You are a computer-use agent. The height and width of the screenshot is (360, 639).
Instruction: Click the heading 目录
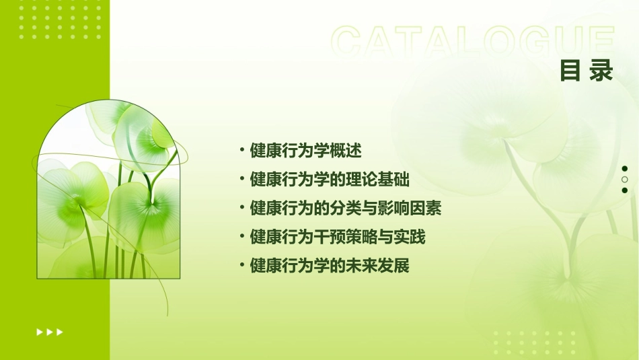(x=587, y=71)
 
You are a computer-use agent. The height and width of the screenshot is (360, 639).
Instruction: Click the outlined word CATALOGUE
(x=473, y=42)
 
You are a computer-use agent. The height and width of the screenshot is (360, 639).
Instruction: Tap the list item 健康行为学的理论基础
(x=330, y=180)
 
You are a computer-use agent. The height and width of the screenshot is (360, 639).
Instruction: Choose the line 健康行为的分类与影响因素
(x=345, y=208)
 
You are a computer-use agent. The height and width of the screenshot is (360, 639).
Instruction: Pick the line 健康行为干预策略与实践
(x=338, y=237)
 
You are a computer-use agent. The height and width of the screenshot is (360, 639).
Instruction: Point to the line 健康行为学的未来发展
(x=330, y=266)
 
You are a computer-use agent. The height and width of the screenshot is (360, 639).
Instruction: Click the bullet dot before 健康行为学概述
(x=241, y=149)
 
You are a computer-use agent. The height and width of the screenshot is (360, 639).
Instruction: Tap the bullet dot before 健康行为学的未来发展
(x=241, y=265)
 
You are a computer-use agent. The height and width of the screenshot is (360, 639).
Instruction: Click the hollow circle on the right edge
(x=625, y=180)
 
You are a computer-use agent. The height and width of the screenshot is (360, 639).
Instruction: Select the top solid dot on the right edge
(x=625, y=169)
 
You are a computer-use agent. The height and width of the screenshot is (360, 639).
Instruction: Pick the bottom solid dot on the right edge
(x=625, y=190)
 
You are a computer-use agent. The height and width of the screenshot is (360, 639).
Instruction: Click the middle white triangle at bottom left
(x=50, y=332)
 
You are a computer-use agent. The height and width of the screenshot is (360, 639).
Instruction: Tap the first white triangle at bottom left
(x=40, y=332)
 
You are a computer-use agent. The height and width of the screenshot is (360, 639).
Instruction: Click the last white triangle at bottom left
(x=60, y=332)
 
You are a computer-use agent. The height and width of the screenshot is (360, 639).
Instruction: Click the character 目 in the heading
(x=570, y=71)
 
